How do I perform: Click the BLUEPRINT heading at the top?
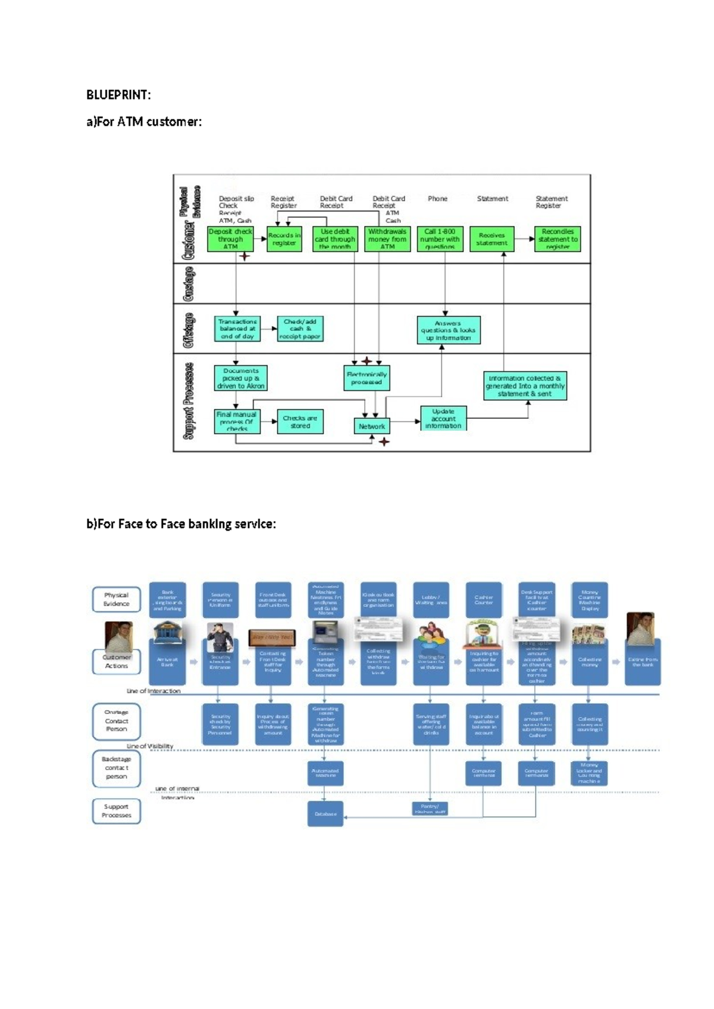click(118, 95)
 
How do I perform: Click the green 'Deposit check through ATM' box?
click(230, 239)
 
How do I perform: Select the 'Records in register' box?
click(284, 239)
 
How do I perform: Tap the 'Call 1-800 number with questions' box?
click(440, 239)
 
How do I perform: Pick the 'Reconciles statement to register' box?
click(558, 239)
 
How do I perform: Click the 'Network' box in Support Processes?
click(372, 427)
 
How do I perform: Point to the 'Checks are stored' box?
click(300, 422)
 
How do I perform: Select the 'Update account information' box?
click(443, 419)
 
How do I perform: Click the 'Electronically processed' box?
click(367, 378)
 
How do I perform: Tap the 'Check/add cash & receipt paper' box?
click(300, 329)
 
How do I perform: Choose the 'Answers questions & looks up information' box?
click(449, 331)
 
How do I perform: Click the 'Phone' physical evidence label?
click(437, 199)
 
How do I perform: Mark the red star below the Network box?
click(384, 442)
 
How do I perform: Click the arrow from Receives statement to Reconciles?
click(524, 239)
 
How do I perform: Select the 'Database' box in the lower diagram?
click(325, 814)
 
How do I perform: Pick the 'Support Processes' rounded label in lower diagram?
click(117, 811)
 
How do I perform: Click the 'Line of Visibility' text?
click(149, 746)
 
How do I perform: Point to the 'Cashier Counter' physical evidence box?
click(484, 600)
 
